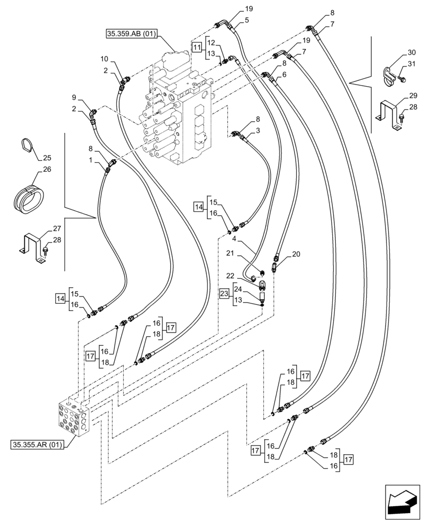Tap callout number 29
413,96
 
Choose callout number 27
56,229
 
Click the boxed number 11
196,47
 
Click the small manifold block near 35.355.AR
74,418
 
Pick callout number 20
296,254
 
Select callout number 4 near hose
235,239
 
